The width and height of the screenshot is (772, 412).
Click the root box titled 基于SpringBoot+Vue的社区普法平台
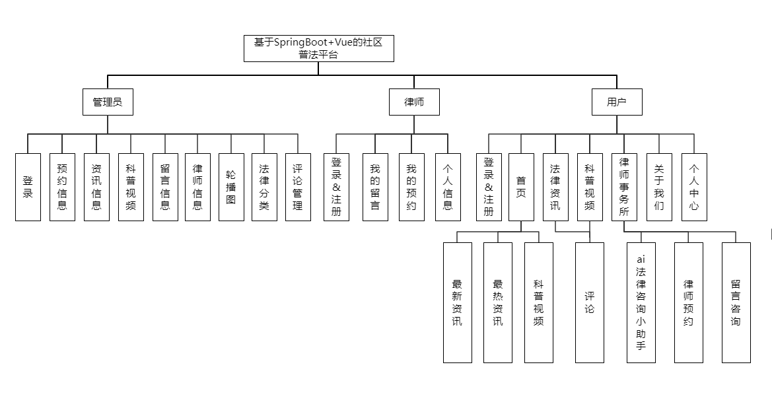(x=318, y=49)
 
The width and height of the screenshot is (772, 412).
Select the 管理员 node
(x=107, y=102)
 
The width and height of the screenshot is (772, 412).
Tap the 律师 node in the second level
(x=414, y=102)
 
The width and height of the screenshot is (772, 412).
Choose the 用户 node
(x=617, y=102)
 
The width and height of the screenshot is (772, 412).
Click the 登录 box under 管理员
(x=28, y=188)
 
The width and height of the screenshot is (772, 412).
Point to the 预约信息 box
(x=62, y=188)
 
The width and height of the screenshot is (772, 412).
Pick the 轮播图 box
(x=231, y=188)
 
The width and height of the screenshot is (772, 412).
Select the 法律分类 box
(x=264, y=188)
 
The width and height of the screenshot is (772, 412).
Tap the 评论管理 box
(x=298, y=188)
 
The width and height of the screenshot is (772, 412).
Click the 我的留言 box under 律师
(x=375, y=188)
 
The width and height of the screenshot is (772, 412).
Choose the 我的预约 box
(x=411, y=188)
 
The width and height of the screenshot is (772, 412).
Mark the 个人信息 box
(x=448, y=188)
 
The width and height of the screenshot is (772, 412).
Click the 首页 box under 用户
(x=521, y=188)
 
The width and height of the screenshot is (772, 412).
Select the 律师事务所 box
(x=624, y=188)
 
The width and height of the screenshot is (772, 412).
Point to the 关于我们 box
(x=659, y=188)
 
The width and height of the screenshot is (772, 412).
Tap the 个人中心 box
(x=694, y=188)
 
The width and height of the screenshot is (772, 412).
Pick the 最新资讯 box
(x=457, y=303)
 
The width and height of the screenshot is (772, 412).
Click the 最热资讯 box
(x=498, y=303)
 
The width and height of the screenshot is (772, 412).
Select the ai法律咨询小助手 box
(x=641, y=303)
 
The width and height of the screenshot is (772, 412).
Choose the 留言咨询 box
(x=736, y=303)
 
